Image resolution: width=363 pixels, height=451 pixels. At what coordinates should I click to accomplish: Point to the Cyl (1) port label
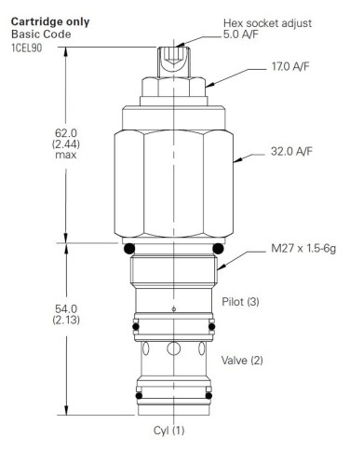pos(170,430)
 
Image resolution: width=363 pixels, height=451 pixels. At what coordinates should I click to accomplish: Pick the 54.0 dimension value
pos(64,308)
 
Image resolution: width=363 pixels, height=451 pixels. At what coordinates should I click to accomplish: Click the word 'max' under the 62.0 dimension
pos(64,157)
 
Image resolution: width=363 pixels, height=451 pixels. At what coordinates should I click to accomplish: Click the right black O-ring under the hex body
pos(220,249)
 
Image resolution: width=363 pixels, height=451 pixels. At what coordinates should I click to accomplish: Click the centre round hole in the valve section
pos(175,350)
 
